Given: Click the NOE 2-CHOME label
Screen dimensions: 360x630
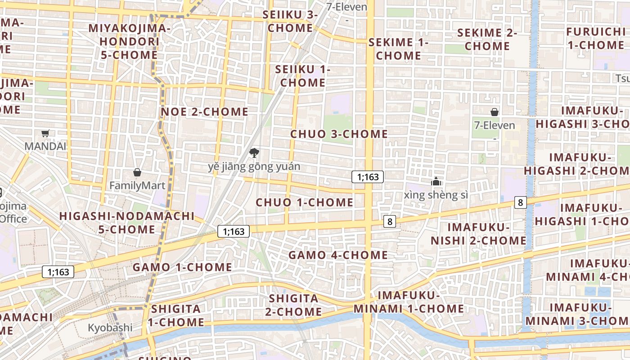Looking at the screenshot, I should pos(204,112).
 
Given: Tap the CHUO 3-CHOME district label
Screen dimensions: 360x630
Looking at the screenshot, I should pos(339,134).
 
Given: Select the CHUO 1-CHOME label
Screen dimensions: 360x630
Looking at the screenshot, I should pos(305,202).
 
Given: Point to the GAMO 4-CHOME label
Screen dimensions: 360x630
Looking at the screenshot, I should pos(338,255).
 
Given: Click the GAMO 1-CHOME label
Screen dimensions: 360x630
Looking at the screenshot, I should pos(182,267).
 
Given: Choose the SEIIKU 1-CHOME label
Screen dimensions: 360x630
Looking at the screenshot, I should pos(302,76).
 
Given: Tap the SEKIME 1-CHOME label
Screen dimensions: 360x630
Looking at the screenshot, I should pos(398,49).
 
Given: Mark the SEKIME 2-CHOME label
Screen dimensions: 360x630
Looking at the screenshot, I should pos(487,39).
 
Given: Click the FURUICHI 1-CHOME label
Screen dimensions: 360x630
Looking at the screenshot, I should pos(596,38).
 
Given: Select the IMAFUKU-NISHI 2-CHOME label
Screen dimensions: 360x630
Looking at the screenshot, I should pos(478,234).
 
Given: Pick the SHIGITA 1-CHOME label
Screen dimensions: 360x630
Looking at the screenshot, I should pos(176,315).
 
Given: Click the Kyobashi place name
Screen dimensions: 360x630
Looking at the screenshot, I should pos(110,328).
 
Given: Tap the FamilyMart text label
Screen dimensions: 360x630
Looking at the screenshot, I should pos(137,185).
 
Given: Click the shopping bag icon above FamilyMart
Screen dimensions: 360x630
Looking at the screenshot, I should pos(137,172).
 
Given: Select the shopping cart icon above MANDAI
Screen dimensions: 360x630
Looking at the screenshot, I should pos(45,133).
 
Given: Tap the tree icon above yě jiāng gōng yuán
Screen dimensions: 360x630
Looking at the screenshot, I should pos(254,153).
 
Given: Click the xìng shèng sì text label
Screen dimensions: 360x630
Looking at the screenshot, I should pos(436,195).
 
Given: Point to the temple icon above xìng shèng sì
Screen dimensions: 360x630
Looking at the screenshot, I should pos(436,181).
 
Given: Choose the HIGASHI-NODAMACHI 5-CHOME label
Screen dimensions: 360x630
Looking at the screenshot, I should pos(127,223).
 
